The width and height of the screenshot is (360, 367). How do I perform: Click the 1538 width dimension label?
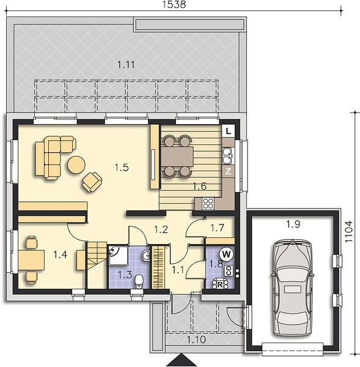pyautogui.click(x=174, y=4)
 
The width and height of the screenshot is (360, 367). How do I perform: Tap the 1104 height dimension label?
pyautogui.click(x=348, y=231)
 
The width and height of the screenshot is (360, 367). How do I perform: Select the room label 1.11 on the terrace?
pyautogui.click(x=126, y=65)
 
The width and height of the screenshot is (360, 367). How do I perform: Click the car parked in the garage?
pyautogui.click(x=292, y=288)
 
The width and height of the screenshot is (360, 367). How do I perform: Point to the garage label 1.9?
pyautogui.click(x=293, y=224)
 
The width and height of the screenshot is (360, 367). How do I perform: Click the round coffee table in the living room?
pyautogui.click(x=76, y=165)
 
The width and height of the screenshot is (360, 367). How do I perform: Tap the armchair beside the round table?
pyautogui.click(x=92, y=182)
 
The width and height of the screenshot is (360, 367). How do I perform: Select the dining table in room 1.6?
pyautogui.click(x=177, y=157)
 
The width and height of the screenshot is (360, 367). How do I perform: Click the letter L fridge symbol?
pyautogui.click(x=228, y=131)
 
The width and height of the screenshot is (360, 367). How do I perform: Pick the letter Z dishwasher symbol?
pyautogui.click(x=228, y=171)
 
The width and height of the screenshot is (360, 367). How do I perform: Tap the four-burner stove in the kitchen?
pyautogui.click(x=208, y=204)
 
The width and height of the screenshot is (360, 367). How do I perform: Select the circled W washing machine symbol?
pyautogui.click(x=226, y=254)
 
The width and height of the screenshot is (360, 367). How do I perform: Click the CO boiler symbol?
pyautogui.click(x=229, y=271)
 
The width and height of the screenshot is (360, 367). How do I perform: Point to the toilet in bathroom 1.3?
pyautogui.click(x=139, y=281)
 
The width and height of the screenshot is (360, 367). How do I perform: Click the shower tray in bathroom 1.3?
pyautogui.click(x=118, y=255)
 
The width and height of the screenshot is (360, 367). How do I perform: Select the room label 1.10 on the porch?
pyautogui.click(x=196, y=339)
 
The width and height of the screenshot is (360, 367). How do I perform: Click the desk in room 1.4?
pyautogui.click(x=31, y=260)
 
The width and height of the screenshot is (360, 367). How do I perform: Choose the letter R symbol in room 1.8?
pyautogui.click(x=220, y=285)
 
